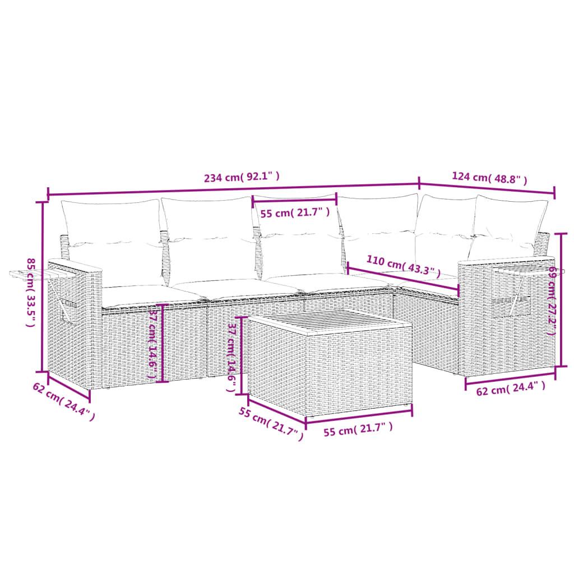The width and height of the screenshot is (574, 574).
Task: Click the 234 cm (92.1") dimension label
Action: pyautogui.click(x=242, y=178)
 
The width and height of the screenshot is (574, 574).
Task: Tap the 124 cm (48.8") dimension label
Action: pyautogui.click(x=489, y=178)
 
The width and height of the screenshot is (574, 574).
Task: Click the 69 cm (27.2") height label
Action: pyautogui.click(x=552, y=300)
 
